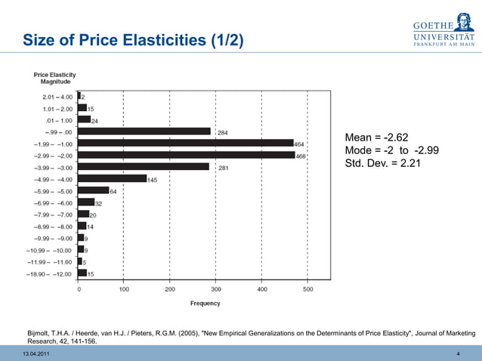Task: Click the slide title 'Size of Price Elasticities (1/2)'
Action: click(x=133, y=39)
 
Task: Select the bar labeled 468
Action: click(x=186, y=155)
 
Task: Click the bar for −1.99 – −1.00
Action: click(x=185, y=143)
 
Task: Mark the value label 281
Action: click(x=224, y=168)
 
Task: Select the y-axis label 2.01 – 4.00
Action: click(x=57, y=96)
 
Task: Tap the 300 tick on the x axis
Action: click(x=216, y=289)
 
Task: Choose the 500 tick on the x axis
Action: click(x=308, y=289)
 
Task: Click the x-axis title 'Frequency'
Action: click(x=205, y=304)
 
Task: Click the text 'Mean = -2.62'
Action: click(x=376, y=137)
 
